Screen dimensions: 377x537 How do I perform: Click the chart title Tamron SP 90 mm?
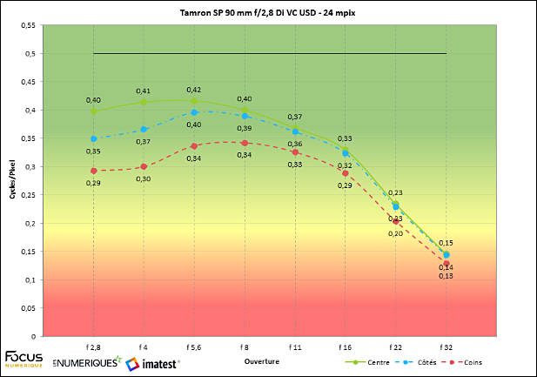(268, 15)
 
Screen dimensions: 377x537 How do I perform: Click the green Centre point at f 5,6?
(194, 101)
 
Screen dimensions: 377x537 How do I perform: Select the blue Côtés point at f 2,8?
(93, 138)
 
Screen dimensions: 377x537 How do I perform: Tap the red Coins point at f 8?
(245, 143)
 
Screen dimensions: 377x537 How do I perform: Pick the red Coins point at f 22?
(396, 221)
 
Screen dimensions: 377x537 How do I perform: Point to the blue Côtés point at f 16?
(346, 153)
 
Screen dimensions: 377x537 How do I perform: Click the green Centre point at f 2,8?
(93, 111)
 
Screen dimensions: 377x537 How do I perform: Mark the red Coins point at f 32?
(446, 263)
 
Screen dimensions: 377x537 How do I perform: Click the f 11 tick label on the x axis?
(295, 347)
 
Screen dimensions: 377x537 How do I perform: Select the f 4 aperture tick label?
(144, 347)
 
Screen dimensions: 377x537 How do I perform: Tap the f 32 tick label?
(446, 347)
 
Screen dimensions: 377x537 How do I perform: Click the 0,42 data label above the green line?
(194, 89)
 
